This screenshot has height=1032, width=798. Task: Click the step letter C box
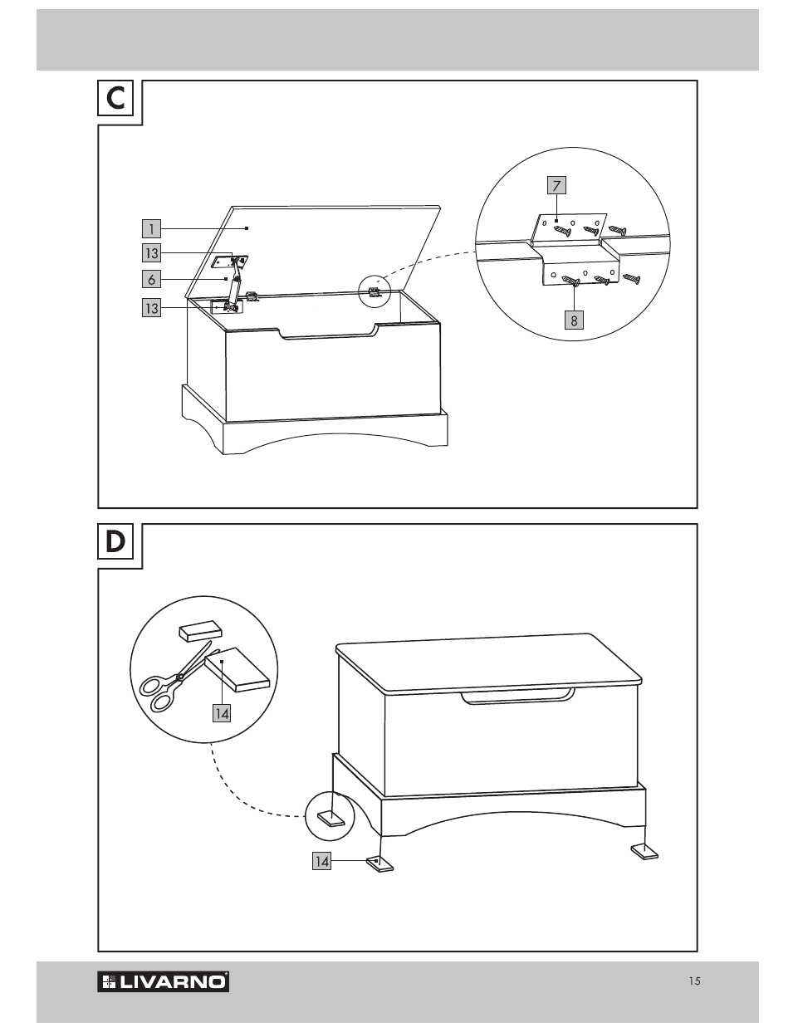coord(115,98)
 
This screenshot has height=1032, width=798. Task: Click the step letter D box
coord(115,541)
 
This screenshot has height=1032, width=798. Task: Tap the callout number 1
coord(151,228)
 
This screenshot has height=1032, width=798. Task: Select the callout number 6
coord(151,279)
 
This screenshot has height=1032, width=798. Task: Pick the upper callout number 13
coord(151,253)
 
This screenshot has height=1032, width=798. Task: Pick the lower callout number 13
coord(151,308)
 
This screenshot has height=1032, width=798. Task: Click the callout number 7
coord(556,185)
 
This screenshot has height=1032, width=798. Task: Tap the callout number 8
coord(574,320)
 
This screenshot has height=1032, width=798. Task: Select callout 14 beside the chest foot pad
coord(321,861)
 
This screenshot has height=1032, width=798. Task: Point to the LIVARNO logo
coord(164,982)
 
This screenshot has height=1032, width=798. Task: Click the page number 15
coord(695,981)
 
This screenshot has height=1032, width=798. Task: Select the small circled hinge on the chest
coord(375,291)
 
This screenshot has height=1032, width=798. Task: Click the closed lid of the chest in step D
coord(488,663)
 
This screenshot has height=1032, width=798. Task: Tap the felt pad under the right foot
coord(644,852)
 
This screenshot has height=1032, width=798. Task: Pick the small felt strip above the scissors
coord(200,632)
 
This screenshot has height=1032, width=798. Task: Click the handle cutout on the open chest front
coord(328,331)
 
